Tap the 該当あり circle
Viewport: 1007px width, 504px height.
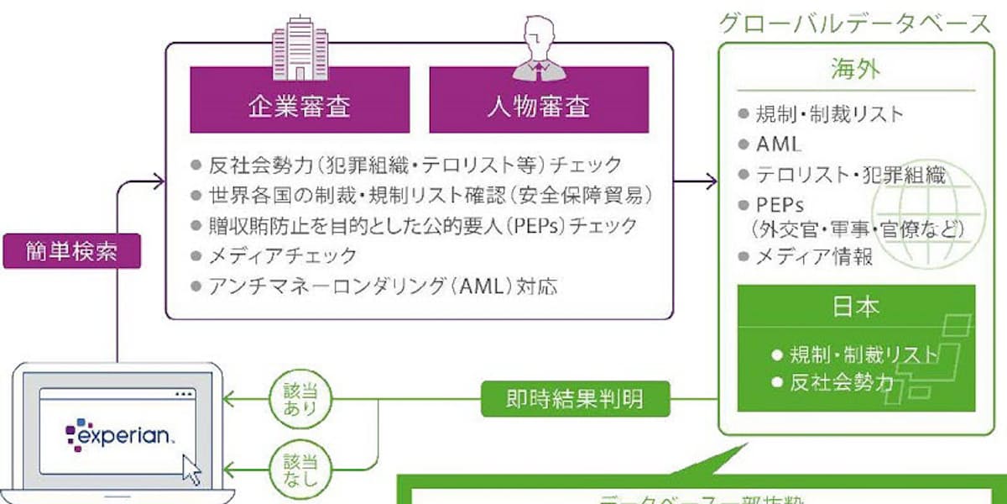point(301,397)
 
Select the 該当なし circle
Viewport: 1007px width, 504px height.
point(301,468)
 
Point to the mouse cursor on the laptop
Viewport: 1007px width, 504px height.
point(192,470)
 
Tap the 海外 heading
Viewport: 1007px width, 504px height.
point(856,68)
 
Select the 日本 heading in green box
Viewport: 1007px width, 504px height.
point(856,307)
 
